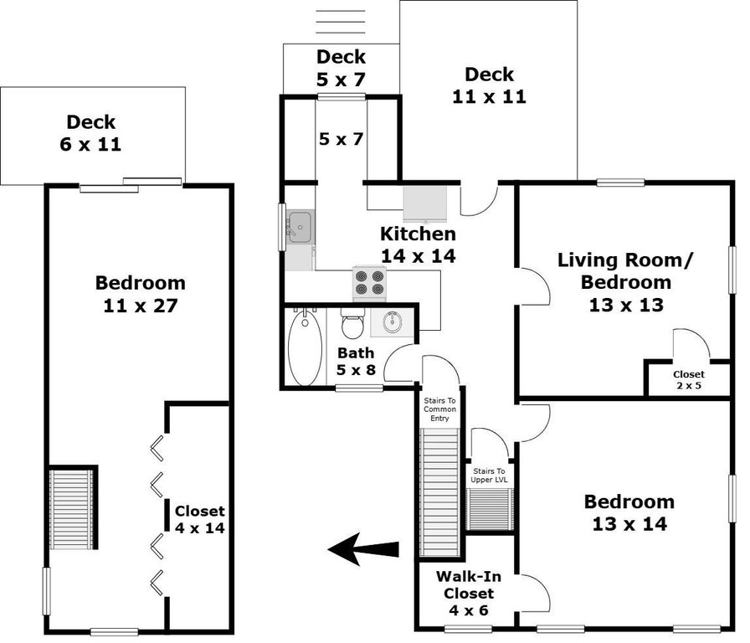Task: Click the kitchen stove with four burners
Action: click(x=369, y=283)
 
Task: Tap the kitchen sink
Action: click(x=300, y=226)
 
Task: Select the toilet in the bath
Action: click(x=353, y=323)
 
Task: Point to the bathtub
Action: click(x=306, y=347)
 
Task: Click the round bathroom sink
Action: click(x=393, y=322)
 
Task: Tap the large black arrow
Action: click(x=363, y=549)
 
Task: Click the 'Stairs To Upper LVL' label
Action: click(x=489, y=476)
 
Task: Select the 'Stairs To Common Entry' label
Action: click(x=439, y=409)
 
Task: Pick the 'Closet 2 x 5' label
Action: click(x=689, y=380)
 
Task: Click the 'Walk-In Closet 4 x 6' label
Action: click(x=469, y=594)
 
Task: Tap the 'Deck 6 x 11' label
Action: click(x=91, y=133)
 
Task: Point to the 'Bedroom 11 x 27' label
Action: click(x=141, y=294)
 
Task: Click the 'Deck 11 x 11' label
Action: click(x=490, y=85)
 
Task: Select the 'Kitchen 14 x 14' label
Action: click(x=418, y=244)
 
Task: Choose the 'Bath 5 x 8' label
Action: click(x=357, y=361)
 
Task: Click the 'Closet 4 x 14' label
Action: click(x=200, y=520)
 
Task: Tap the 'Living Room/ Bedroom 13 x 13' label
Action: click(x=625, y=282)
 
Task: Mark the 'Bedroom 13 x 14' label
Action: click(x=629, y=513)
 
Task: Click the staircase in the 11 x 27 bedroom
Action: click(x=72, y=510)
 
